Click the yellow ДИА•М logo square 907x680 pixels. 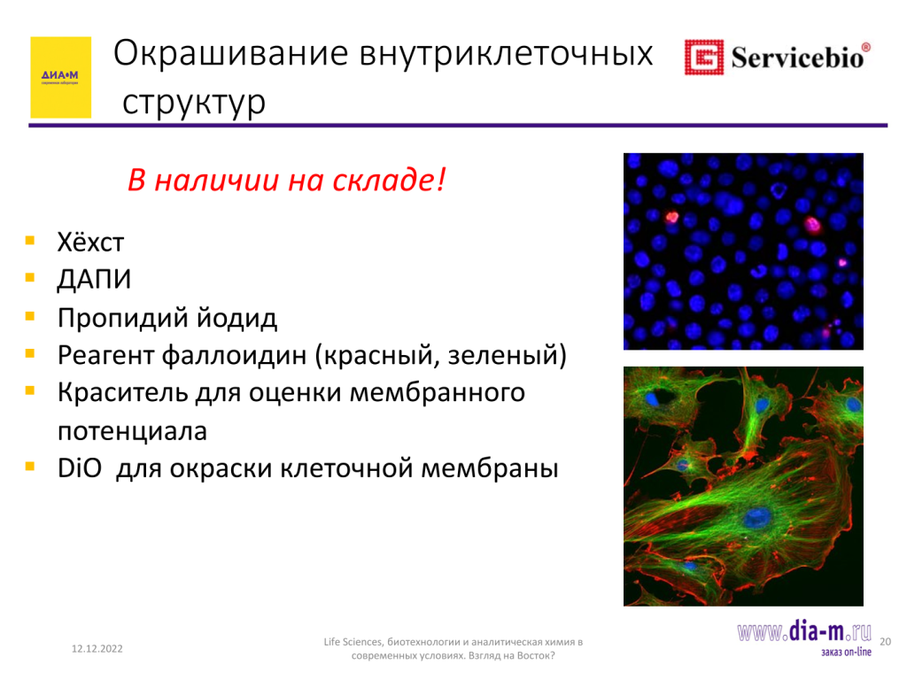pyautogui.click(x=61, y=78)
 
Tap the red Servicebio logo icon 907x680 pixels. pyautogui.click(x=704, y=58)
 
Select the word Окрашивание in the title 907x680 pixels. pyautogui.click(x=231, y=54)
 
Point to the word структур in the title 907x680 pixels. pyautogui.click(x=194, y=103)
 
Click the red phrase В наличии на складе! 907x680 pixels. pyautogui.click(x=287, y=179)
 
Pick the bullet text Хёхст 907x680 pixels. pyautogui.click(x=91, y=243)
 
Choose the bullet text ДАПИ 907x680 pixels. pyautogui.click(x=94, y=279)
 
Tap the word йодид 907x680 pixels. pyautogui.click(x=236, y=318)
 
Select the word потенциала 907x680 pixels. pyautogui.click(x=133, y=431)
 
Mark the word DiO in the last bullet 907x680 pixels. pyautogui.click(x=80, y=467)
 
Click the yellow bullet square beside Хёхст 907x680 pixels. pyautogui.click(x=30, y=241)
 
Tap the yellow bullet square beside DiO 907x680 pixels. pyautogui.click(x=30, y=466)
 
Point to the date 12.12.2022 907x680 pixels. pyautogui.click(x=97, y=649)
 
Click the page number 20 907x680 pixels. pyautogui.click(x=885, y=641)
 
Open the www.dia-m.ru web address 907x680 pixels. pyautogui.click(x=804, y=631)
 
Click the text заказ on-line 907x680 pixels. pyautogui.click(x=846, y=653)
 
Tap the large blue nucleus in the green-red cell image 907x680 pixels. pyautogui.click(x=757, y=517)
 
